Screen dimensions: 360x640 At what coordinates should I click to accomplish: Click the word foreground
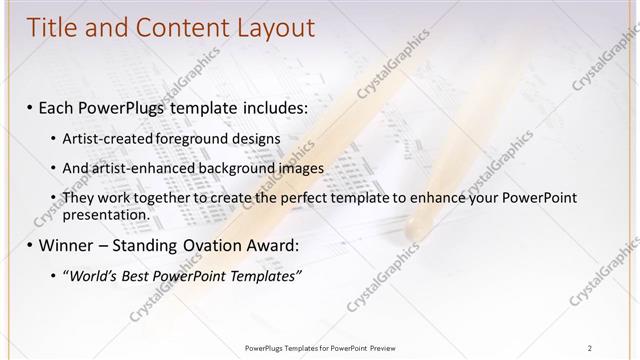tap(185, 137)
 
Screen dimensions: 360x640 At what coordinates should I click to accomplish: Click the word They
tap(79, 198)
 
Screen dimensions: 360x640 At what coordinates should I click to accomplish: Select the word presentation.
tap(106, 214)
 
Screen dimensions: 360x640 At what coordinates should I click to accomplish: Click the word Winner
tap(67, 244)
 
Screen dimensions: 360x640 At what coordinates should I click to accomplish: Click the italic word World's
tap(89, 275)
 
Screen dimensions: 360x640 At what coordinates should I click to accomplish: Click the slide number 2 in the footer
tap(590, 347)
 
